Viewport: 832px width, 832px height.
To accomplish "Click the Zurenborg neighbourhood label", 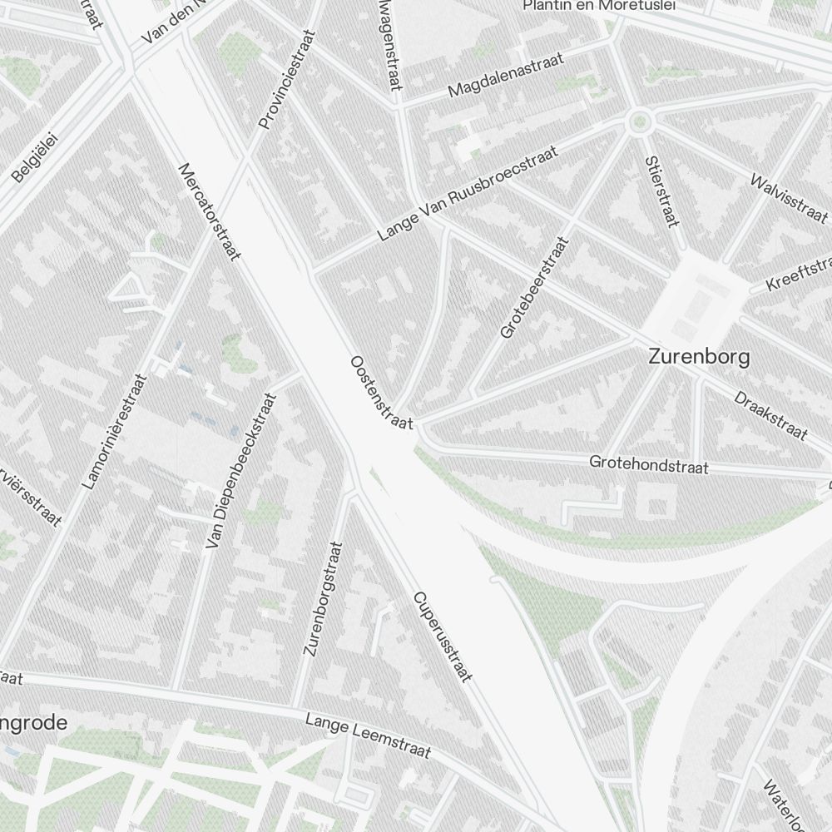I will coord(699,358).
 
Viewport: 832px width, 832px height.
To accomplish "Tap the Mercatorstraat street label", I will coord(209,211).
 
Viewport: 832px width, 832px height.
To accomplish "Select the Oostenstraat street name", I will coord(382,393).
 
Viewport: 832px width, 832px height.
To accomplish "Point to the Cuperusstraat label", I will coord(442,637).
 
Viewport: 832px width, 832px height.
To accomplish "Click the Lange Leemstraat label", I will coord(368,735).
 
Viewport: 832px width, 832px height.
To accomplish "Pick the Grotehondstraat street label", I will coord(649,464).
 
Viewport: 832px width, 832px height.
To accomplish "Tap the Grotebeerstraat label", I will coord(534,288).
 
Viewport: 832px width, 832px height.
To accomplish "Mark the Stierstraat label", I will coord(662,191).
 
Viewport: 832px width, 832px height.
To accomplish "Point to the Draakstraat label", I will coord(770,414).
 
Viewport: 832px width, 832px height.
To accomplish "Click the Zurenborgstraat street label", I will coord(323,599).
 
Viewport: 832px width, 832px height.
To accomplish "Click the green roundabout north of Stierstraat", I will coord(639,122).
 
